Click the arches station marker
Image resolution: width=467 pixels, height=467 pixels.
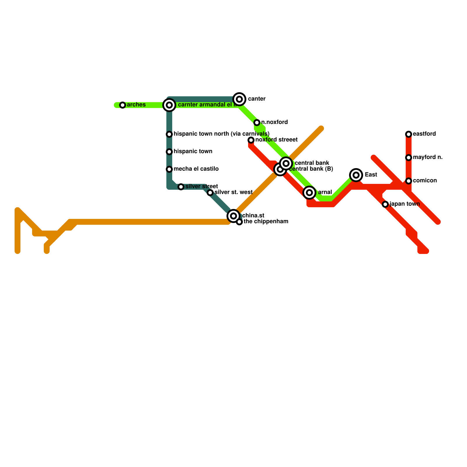[x=123, y=105]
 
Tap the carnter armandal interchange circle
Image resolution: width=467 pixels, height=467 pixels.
[x=169, y=105]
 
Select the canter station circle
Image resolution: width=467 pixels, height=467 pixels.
[x=239, y=99]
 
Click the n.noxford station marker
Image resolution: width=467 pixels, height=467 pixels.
[x=257, y=123]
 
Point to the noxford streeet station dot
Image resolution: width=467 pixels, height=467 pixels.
[x=251, y=140]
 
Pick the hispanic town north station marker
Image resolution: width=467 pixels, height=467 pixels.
[x=169, y=134]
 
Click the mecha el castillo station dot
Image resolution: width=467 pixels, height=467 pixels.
[x=169, y=169]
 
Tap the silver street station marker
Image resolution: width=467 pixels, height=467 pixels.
[x=181, y=187]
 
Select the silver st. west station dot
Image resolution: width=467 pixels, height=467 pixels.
[x=210, y=193]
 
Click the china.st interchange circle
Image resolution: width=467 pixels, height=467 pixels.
[x=233, y=216]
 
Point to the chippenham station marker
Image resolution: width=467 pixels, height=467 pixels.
[x=239, y=222]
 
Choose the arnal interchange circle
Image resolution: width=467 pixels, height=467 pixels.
[x=309, y=193]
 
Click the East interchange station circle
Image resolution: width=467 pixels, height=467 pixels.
[x=356, y=175]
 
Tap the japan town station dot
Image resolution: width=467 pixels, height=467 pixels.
[x=385, y=204]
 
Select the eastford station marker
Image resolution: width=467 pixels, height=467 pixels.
[x=409, y=134]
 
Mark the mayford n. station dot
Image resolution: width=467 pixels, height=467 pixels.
[x=409, y=158]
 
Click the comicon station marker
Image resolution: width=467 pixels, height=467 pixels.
[x=409, y=181]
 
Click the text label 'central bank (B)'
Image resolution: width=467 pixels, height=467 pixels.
[x=311, y=169]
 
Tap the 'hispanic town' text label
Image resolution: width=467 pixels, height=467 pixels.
[x=193, y=151]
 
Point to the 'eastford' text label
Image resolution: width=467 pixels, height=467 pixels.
[x=424, y=134]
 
